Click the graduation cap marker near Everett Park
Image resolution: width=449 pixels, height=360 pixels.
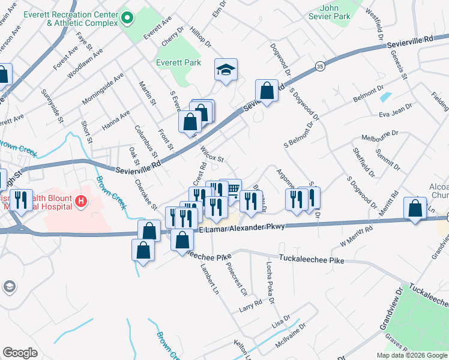point(226,71)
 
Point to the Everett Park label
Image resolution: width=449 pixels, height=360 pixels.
point(178,62)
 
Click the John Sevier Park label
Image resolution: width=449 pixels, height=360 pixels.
point(335,12)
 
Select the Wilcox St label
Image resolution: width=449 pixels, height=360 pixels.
point(211,154)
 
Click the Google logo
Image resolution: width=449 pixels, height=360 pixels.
point(20,353)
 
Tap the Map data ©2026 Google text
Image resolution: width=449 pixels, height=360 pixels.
point(412,355)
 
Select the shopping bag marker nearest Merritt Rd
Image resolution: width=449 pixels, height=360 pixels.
point(415,209)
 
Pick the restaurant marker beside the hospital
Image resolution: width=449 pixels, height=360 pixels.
point(22,200)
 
